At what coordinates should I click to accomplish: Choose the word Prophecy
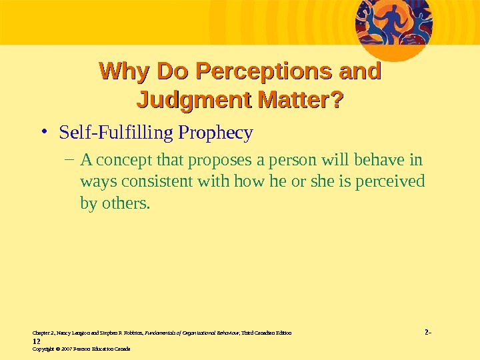pyautogui.click(x=215, y=133)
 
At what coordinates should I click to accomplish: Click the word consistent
pyautogui.click(x=149, y=181)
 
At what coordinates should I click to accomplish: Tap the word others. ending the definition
pyautogui.click(x=126, y=203)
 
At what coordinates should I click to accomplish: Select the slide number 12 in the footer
pyautogui.click(x=37, y=339)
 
